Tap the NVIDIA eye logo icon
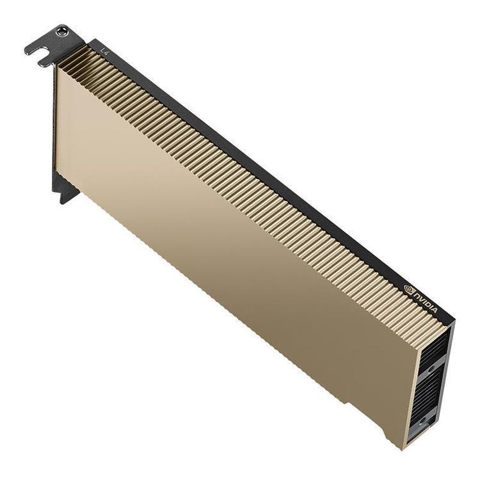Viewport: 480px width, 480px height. (410, 289)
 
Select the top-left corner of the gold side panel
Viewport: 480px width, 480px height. (56, 67)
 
